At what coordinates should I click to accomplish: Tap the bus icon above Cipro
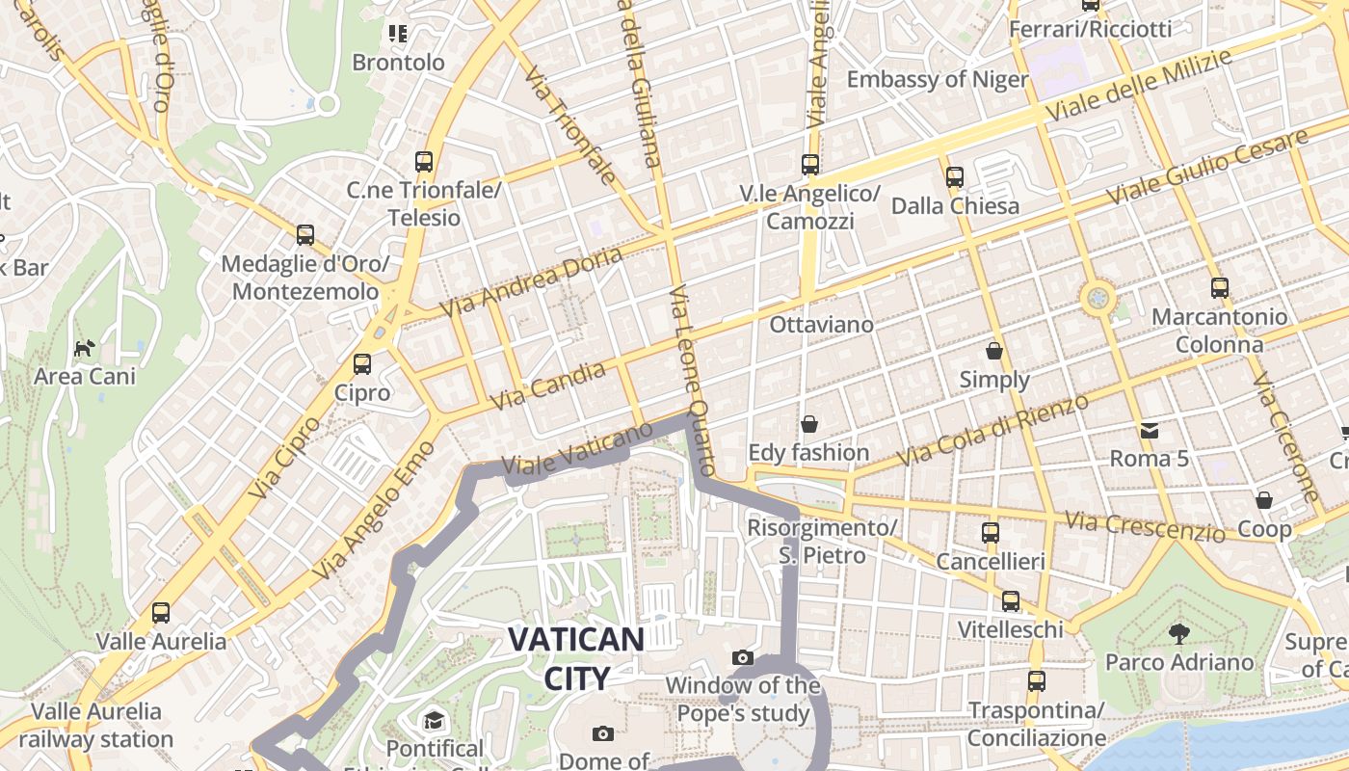point(362,364)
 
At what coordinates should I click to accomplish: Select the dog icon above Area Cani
point(85,347)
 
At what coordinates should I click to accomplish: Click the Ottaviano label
point(821,325)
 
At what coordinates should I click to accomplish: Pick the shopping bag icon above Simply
point(994,351)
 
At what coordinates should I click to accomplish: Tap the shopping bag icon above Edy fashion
point(808,424)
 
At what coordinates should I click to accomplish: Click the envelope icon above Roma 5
point(1150,430)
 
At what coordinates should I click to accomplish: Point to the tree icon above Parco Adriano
point(1178,633)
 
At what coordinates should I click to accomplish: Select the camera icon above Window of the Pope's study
point(742,657)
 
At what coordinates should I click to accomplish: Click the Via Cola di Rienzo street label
point(992,429)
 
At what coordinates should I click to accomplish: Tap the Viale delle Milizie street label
point(1138,87)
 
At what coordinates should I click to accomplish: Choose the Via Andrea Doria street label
point(532,281)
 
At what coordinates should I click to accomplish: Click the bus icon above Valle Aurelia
point(161,612)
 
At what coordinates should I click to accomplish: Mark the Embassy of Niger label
point(938,79)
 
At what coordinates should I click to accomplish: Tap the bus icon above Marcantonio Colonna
point(1220,287)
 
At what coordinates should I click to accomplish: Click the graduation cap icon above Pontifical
point(435,720)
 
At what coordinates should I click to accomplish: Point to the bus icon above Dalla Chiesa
point(955,177)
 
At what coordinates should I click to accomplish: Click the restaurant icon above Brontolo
point(398,34)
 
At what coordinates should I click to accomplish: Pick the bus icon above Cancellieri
point(990,532)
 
